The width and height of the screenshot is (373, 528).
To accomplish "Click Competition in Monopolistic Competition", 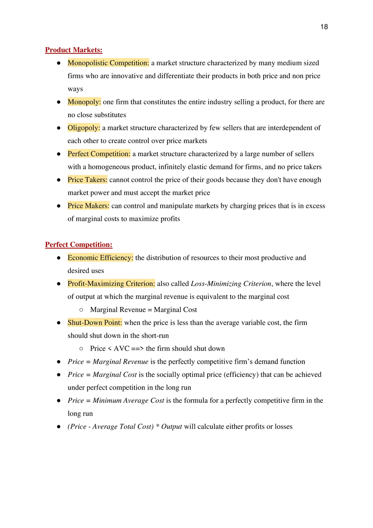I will click(x=129, y=63).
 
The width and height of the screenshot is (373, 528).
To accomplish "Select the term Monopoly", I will click(x=83, y=102).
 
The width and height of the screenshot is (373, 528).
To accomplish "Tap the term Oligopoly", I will click(x=83, y=128).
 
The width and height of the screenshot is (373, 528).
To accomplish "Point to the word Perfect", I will click(x=78, y=154).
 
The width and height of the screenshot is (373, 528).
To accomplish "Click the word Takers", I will click(x=95, y=180).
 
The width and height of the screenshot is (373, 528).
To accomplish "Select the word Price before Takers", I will click(x=75, y=180).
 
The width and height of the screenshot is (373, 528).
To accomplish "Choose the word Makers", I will click(x=97, y=206).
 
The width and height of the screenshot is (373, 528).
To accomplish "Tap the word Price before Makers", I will click(x=75, y=206).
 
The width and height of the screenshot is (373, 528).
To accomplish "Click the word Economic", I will click(x=82, y=258).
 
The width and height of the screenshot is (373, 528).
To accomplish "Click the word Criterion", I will click(x=140, y=284).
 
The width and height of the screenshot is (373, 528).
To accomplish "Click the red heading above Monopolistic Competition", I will click(x=74, y=51).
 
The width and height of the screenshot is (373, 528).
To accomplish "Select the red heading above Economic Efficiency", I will click(x=79, y=245).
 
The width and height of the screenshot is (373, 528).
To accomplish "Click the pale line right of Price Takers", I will click(x=136, y=185).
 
